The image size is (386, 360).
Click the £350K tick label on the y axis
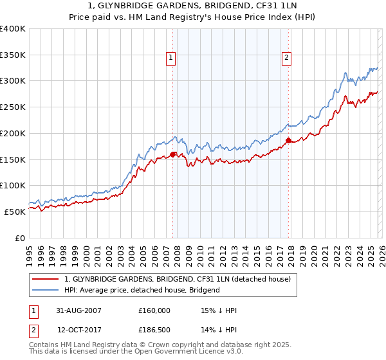tap(13, 55)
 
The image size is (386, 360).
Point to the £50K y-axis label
tap(15, 212)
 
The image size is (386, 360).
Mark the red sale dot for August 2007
tap(173, 154)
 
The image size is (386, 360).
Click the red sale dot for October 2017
tap(288, 140)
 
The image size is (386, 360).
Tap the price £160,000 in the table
tap(154, 310)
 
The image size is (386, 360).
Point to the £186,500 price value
tap(154, 330)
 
